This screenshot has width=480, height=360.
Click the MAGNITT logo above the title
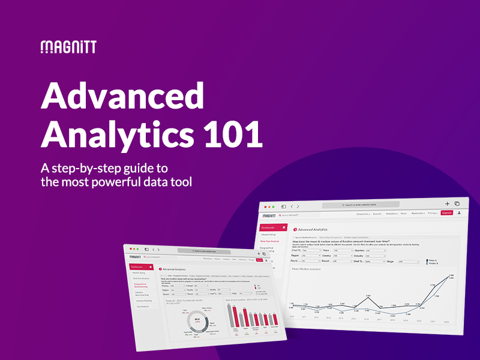(x=68, y=47)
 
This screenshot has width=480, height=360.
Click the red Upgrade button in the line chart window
(x=446, y=212)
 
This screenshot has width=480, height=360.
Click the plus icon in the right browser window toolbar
(x=447, y=204)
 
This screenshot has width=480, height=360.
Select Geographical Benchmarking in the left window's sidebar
(x=141, y=286)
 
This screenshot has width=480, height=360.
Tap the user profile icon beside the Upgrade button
(x=458, y=212)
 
